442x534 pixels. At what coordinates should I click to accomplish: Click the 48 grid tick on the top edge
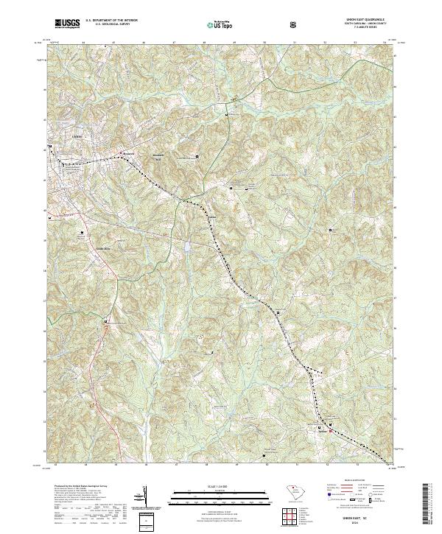tap(204, 43)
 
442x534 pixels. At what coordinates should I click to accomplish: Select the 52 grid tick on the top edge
tap(325, 43)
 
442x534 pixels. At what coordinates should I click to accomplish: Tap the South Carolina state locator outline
tap(292, 492)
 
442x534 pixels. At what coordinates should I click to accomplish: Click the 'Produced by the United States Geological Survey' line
tap(77, 487)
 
